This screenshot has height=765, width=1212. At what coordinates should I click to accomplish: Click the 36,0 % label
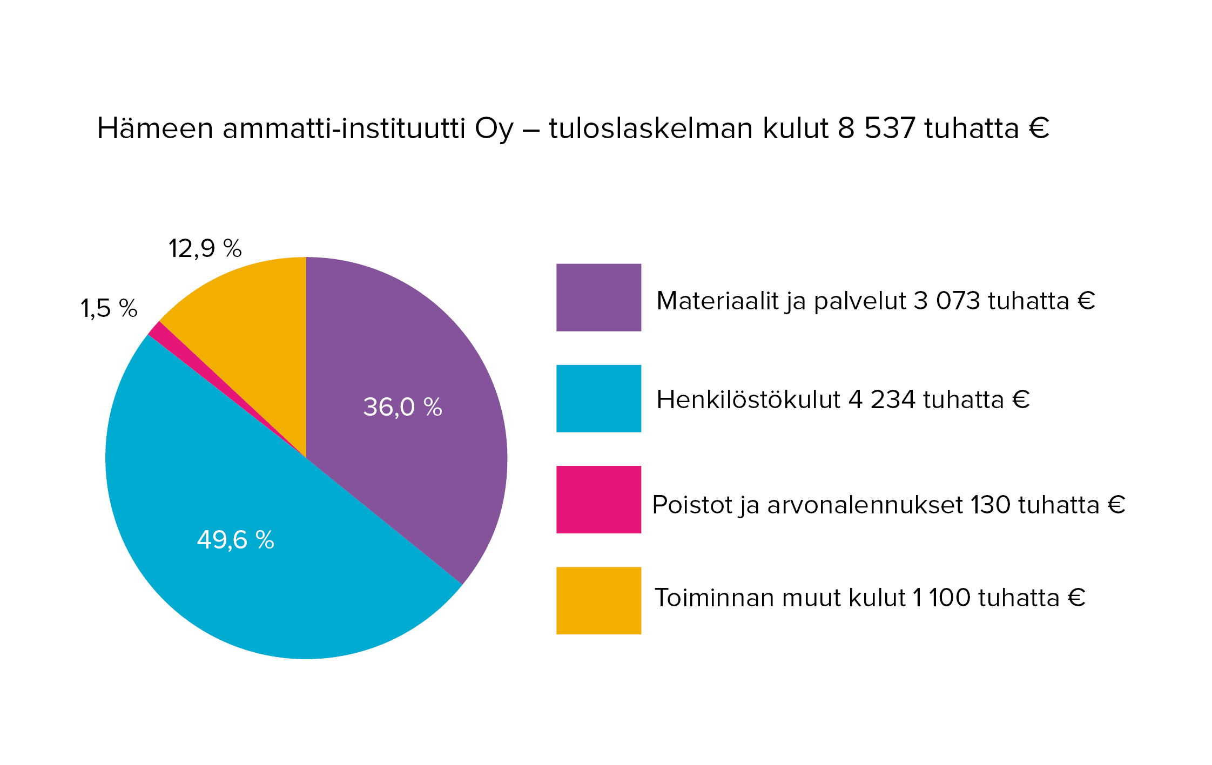click(402, 407)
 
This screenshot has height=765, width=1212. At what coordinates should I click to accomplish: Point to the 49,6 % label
click(235, 540)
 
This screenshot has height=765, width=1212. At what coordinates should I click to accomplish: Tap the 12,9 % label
click(205, 249)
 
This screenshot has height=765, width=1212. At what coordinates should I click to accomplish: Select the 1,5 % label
click(109, 309)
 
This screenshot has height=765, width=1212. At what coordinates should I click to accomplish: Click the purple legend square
click(598, 297)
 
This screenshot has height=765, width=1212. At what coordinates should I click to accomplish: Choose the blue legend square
click(598, 398)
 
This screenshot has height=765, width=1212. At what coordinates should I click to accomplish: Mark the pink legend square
click(598, 499)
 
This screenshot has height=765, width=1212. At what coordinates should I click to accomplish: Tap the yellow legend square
click(598, 600)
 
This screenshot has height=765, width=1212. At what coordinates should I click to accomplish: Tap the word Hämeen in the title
click(155, 129)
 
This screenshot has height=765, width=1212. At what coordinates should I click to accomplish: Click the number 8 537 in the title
click(876, 129)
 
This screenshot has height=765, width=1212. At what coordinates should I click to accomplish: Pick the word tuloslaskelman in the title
click(651, 129)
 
